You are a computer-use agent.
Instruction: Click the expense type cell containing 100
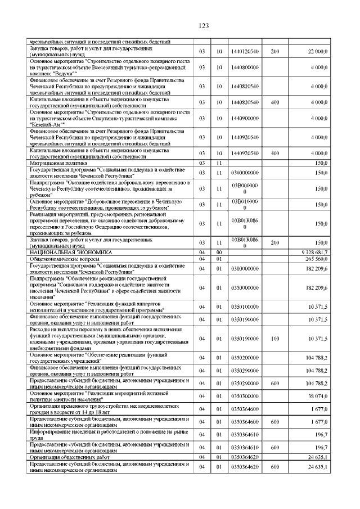point(275,339)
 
